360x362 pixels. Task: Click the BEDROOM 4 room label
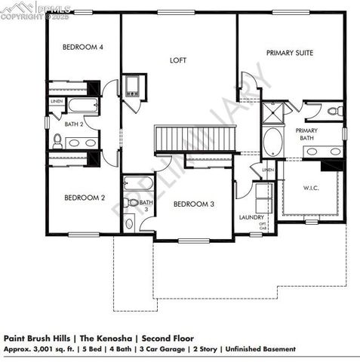(x=82, y=47)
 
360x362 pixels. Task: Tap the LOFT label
(x=178, y=60)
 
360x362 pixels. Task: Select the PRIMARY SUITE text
(x=289, y=53)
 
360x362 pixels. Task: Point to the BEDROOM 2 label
(x=84, y=198)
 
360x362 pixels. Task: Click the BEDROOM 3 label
(x=194, y=204)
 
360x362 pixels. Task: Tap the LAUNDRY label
(x=251, y=217)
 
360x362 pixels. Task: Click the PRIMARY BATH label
(x=306, y=134)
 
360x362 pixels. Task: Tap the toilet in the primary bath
(x=334, y=111)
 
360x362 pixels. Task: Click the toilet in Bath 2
(x=57, y=140)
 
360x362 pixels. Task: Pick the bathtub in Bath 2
(x=82, y=105)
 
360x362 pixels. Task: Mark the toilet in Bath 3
(x=129, y=222)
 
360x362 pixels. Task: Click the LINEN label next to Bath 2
(x=57, y=101)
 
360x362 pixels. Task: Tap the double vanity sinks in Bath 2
(x=82, y=142)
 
